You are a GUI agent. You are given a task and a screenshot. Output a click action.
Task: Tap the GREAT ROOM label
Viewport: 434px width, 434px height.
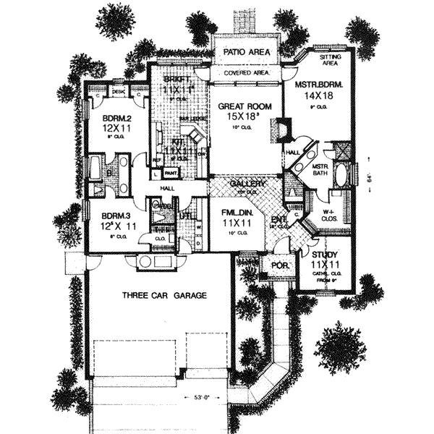(x=244, y=106)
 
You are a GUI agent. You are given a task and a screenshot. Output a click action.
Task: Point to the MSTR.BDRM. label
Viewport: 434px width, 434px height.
(x=318, y=85)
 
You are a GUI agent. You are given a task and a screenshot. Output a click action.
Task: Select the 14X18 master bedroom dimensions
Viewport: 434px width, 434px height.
(x=318, y=95)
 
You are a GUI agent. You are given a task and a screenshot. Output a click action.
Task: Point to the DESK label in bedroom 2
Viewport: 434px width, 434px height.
(x=119, y=91)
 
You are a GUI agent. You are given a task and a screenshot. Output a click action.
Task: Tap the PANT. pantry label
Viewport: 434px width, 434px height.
(x=171, y=174)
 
